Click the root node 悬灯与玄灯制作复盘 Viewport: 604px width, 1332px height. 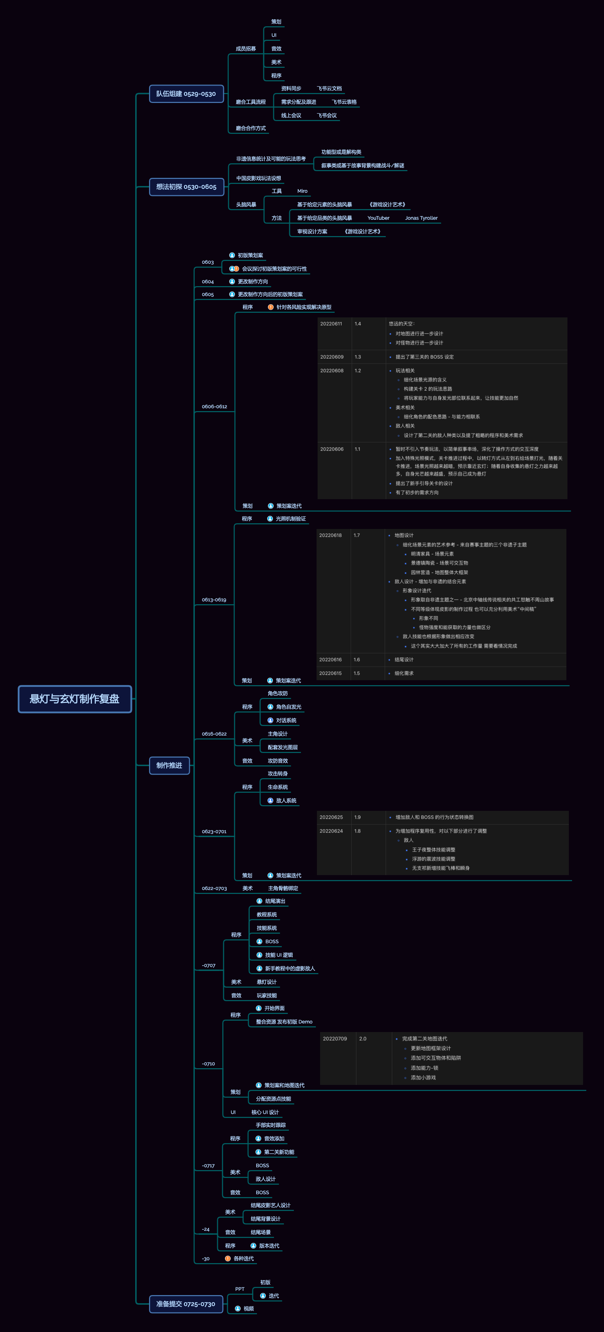[75, 699]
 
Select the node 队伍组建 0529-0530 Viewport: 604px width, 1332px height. [186, 94]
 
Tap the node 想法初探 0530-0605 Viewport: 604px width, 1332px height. [186, 187]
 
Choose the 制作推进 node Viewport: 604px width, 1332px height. [169, 765]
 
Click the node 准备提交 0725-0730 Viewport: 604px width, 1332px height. [186, 1304]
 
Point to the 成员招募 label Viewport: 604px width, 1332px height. [246, 49]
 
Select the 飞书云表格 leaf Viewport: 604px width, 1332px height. [344, 102]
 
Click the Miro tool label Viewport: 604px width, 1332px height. [302, 191]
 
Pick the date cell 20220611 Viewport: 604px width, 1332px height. [331, 324]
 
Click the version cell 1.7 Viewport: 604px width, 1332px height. [357, 535]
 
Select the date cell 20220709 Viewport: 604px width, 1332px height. [335, 1038]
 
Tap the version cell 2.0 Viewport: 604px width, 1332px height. [363, 1038]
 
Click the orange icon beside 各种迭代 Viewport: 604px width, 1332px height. [228, 1258]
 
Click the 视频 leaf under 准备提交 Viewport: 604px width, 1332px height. [248, 1308]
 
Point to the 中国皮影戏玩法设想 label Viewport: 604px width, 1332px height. [258, 178]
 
